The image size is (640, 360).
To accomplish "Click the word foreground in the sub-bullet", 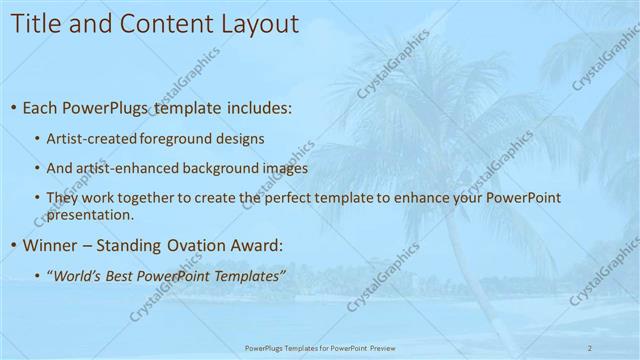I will click(169, 138).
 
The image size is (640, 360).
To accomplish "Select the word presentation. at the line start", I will click(89, 214).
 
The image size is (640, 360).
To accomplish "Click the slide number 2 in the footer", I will click(590, 347).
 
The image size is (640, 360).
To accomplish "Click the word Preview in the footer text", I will click(381, 347).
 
